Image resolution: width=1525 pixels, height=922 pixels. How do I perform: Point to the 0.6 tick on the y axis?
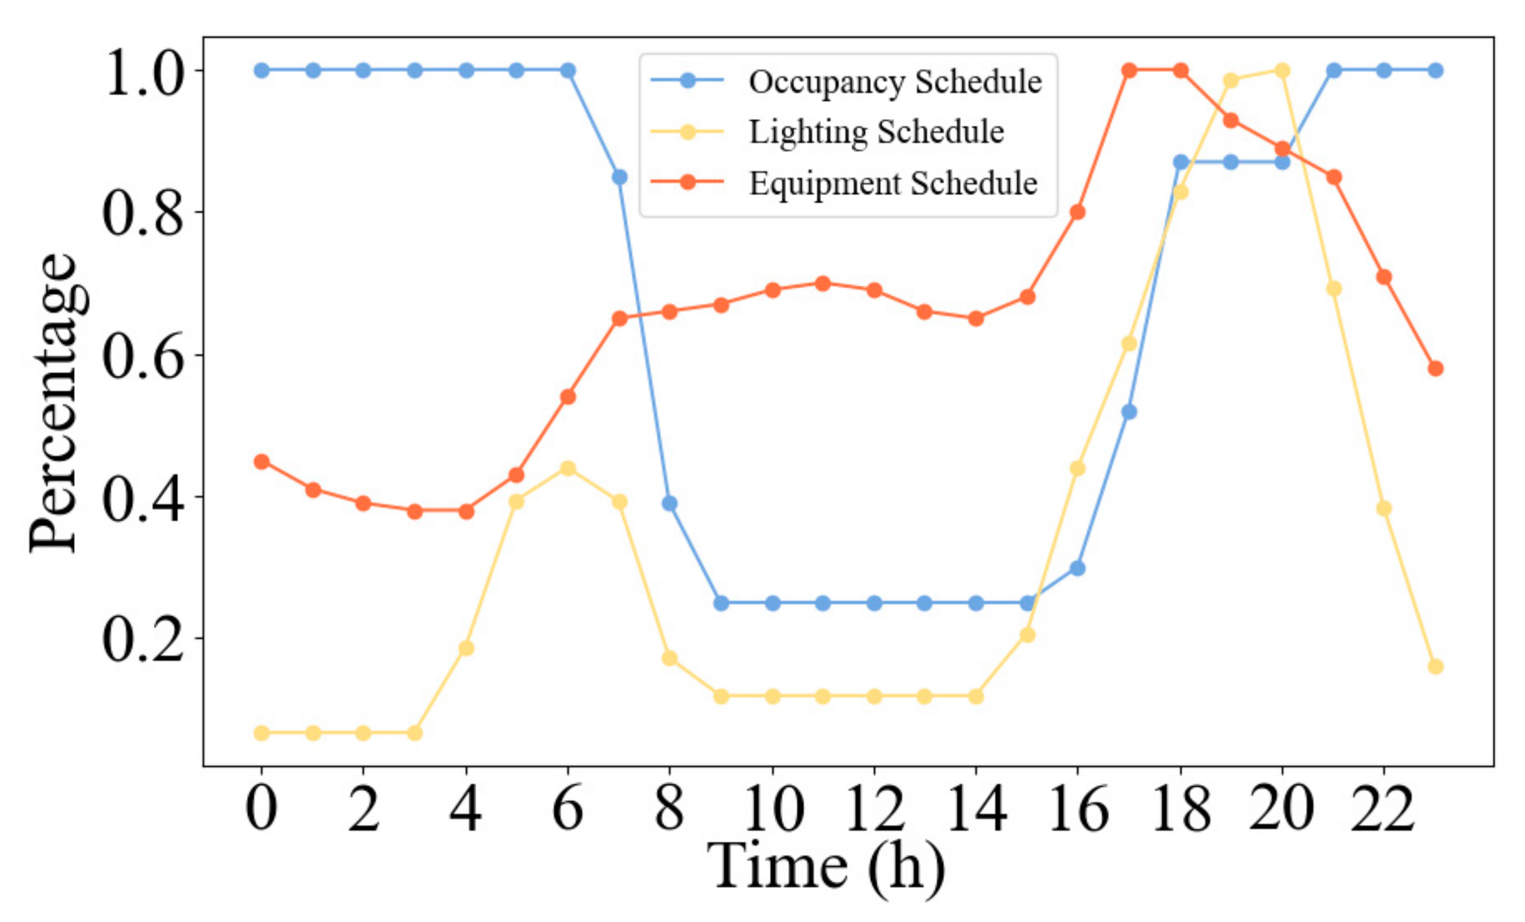[143, 357]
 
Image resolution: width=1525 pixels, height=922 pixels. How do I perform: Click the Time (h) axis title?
[826, 866]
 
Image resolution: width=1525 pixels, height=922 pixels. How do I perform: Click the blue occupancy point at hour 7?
[619, 178]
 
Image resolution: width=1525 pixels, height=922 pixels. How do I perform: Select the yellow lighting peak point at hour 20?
[1282, 70]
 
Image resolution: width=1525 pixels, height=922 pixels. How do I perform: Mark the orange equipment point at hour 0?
[262, 462]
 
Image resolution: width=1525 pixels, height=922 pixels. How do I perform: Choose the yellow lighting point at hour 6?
[568, 468]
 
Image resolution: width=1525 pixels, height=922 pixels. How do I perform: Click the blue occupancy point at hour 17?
[1129, 411]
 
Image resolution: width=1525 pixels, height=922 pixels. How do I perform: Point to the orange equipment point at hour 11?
[822, 283]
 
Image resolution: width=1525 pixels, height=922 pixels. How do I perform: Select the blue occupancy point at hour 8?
[669, 503]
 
